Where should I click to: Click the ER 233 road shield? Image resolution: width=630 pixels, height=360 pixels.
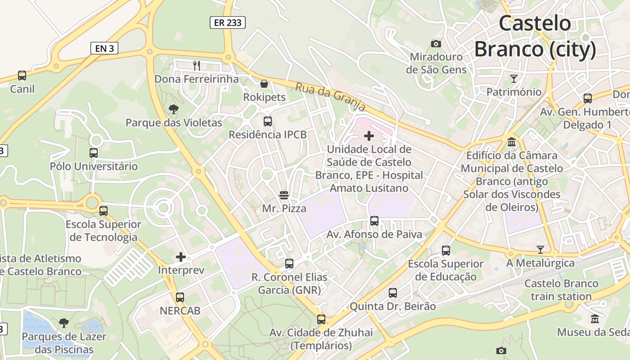228,22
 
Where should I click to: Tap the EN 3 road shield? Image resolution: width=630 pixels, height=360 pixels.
104,48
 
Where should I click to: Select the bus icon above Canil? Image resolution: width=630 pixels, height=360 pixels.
22,76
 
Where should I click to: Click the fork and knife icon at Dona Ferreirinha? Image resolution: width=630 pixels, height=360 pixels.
197,66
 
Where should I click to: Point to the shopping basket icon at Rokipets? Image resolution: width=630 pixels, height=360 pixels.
264,84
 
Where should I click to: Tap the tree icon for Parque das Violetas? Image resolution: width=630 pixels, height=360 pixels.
173,109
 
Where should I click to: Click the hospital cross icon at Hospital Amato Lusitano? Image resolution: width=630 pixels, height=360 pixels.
369,135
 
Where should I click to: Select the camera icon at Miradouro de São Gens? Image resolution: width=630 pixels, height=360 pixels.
436,44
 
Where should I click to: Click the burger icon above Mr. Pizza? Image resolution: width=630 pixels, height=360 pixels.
284,195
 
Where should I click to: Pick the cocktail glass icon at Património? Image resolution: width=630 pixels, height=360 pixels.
514,79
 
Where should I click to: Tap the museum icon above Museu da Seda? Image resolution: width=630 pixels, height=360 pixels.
595,319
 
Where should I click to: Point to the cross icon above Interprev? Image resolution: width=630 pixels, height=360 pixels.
181,257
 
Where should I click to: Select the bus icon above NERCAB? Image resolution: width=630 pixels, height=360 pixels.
180,297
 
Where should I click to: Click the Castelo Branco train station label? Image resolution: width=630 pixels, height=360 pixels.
561,290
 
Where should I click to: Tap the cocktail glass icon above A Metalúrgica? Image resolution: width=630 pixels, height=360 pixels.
540,249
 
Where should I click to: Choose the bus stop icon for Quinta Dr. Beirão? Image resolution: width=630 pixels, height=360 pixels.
393,293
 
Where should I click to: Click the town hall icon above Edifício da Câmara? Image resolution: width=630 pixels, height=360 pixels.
512,142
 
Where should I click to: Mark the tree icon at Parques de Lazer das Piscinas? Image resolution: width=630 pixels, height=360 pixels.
64,323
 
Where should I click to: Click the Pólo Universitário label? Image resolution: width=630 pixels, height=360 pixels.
94,166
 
